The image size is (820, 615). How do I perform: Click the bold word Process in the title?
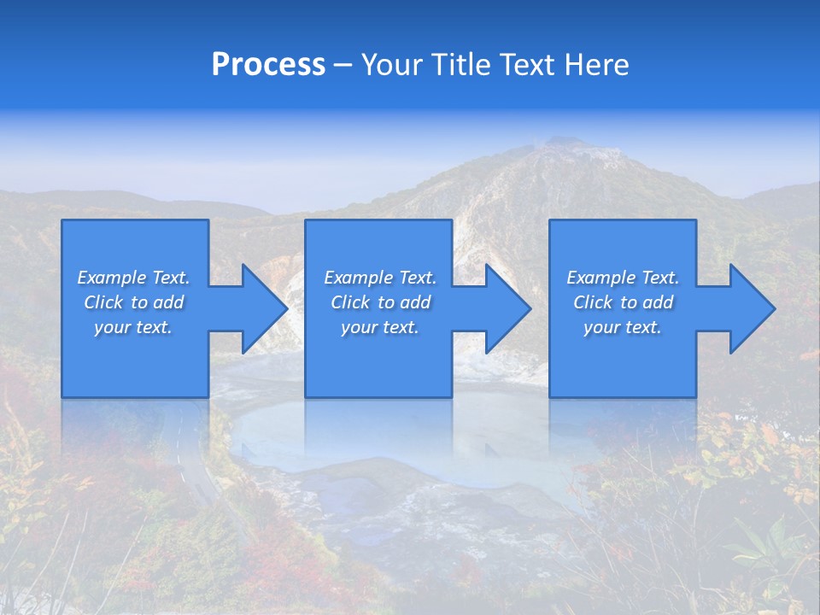pos(268,65)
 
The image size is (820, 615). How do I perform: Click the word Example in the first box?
pos(111,278)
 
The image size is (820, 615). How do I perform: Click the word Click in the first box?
pos(103,302)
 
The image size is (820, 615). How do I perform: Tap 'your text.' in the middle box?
pos(379,327)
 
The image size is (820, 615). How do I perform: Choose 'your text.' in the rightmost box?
pos(622,327)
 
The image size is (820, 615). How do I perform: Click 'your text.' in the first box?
pos(132,327)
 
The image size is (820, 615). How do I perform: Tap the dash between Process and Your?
pos(343,65)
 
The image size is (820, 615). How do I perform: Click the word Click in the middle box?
pos(350,302)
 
